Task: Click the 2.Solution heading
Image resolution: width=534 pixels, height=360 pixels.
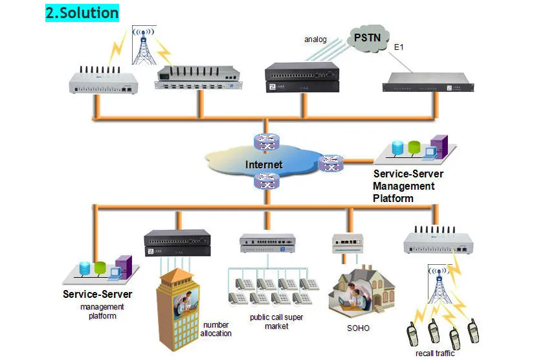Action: click(82, 12)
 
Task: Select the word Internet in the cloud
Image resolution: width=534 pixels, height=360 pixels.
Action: click(263, 164)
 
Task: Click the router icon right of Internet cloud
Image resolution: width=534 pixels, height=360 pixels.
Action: click(330, 163)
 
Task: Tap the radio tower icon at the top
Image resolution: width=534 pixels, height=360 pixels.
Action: click(144, 45)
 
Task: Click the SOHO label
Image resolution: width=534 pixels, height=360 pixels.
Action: click(358, 328)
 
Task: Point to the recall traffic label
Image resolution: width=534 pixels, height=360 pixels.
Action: click(435, 353)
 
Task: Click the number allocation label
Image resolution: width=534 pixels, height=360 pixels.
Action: click(216, 329)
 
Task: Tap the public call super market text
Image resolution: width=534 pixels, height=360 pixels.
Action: click(276, 322)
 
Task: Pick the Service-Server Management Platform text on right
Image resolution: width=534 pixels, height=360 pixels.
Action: click(408, 186)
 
